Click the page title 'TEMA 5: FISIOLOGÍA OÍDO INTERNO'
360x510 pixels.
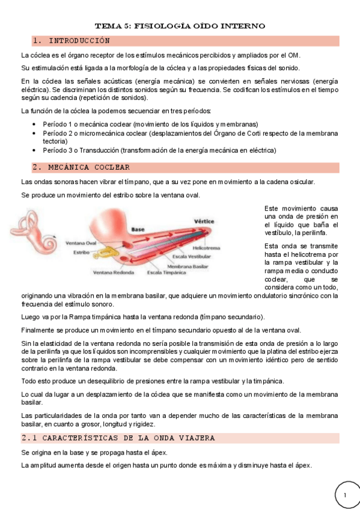pos(180,26)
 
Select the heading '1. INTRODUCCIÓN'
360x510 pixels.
pos(72,41)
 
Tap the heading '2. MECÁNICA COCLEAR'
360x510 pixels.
pos(81,167)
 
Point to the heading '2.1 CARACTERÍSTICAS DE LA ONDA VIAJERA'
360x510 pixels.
pos(118,438)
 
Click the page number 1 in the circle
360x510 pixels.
pos(346,494)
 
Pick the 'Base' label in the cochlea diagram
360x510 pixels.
pos(138,230)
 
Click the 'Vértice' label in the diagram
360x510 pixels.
pos(204,221)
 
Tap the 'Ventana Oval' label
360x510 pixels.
pos(81,243)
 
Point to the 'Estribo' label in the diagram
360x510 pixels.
pos(81,253)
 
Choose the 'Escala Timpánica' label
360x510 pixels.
pos(166,272)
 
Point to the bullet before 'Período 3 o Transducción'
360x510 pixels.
pos(34,150)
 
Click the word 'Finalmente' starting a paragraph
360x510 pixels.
pos(38,330)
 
